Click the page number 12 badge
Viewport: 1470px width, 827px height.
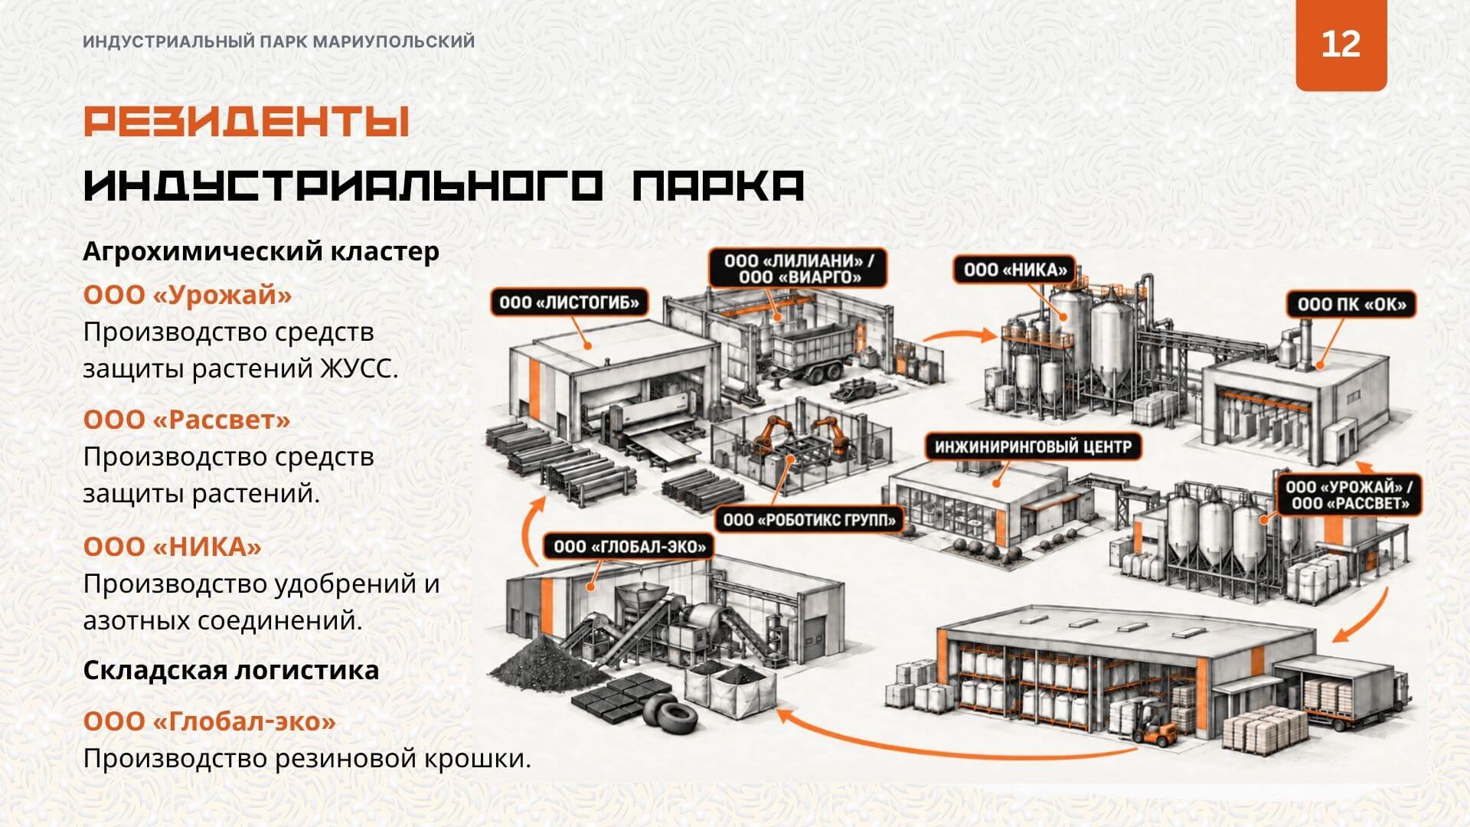coord(1341,44)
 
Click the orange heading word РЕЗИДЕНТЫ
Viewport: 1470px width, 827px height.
coord(246,122)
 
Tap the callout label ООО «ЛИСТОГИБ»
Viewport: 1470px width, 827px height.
coord(569,302)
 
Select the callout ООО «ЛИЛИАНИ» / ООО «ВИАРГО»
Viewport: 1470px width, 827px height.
coord(799,269)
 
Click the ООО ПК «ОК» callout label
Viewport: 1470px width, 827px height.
coord(1351,304)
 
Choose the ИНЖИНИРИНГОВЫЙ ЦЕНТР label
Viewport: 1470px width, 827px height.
coord(1033,446)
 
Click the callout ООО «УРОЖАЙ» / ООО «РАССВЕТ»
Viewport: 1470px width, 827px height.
coord(1348,495)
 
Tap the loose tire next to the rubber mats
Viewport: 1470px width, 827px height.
coord(670,714)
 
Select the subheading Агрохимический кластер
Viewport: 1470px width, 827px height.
coord(261,251)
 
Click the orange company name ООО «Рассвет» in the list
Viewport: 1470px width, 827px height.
coord(187,420)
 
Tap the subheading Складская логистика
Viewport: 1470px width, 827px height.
coord(231,670)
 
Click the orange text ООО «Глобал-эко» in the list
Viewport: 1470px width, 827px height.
coord(210,721)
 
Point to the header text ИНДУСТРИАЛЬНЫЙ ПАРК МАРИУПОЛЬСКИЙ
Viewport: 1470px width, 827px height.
coord(279,42)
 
